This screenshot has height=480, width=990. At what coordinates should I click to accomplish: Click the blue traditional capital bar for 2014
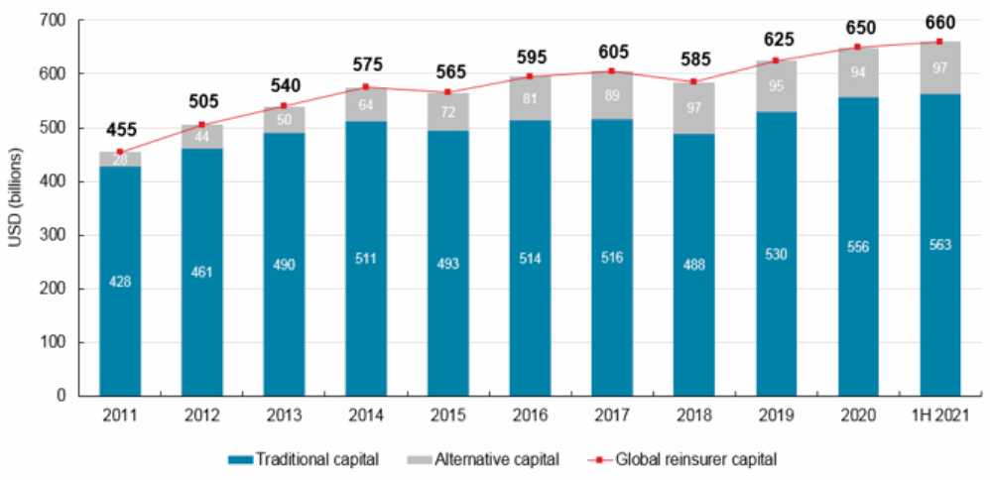coord(366,258)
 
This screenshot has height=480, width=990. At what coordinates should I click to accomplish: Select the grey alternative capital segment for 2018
coord(694,108)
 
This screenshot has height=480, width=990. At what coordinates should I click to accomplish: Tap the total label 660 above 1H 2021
coord(940,21)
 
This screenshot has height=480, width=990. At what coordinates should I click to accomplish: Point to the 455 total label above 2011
coord(120,131)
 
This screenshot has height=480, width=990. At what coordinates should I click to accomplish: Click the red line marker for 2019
coord(777,60)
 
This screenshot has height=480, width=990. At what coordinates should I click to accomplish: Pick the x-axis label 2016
coord(530,417)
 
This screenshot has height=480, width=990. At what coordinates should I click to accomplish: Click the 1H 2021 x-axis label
coord(940,417)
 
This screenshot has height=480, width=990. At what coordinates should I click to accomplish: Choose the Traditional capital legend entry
coord(302,459)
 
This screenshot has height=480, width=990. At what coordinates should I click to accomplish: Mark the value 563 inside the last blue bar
coord(940,246)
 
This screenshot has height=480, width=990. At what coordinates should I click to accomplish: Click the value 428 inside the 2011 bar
coord(120,282)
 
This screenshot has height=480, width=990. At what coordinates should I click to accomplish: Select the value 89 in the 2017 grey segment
coord(612,95)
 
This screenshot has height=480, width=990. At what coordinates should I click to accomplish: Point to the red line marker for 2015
coord(448,92)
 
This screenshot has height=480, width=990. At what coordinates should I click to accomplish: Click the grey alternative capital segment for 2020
coord(858,72)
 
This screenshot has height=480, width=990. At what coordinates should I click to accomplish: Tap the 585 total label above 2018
coord(694,61)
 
